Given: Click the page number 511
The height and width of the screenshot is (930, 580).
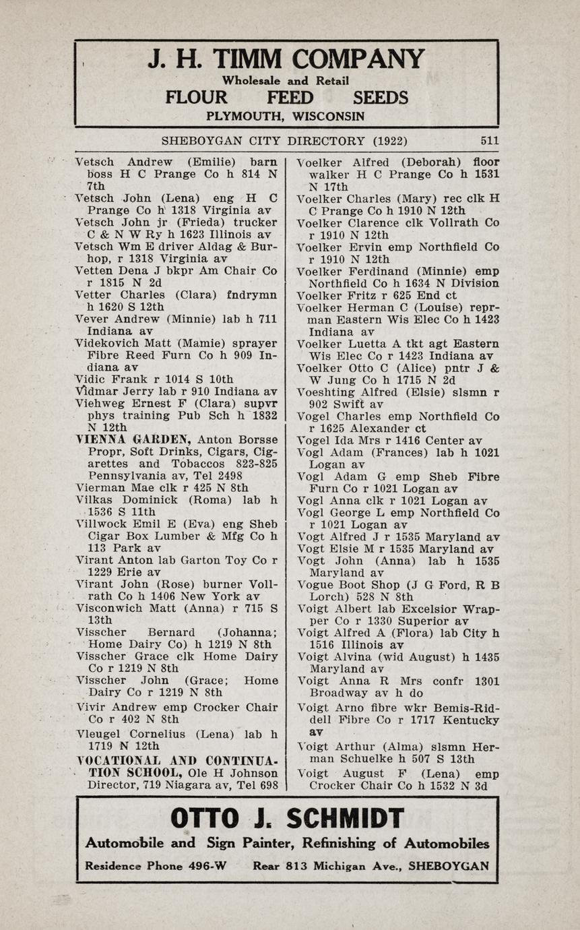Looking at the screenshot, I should (x=490, y=141).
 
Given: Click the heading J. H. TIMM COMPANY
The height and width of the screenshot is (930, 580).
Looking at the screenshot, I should (x=286, y=59).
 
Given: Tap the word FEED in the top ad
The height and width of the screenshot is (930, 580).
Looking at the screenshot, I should (x=290, y=98).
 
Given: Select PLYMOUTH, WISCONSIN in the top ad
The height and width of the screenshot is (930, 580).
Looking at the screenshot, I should (x=286, y=116).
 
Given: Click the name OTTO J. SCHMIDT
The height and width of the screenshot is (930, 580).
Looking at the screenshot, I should (x=287, y=818).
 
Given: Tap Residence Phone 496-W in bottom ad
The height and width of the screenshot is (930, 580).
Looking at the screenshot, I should (x=155, y=865).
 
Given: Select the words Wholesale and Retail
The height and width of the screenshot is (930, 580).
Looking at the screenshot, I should (x=286, y=81).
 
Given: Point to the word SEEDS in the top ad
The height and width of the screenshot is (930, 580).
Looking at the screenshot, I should (x=380, y=98).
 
